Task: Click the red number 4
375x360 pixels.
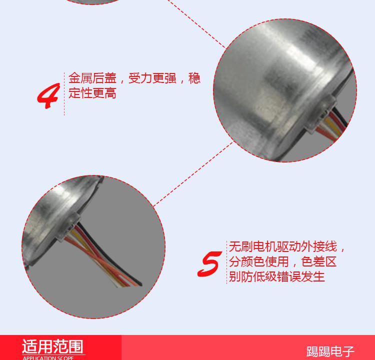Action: pos(48,95)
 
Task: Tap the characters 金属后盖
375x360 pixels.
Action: pos(92,78)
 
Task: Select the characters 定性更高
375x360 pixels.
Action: pos(92,93)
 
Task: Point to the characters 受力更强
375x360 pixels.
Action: pos(152,78)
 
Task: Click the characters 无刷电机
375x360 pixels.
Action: pos(253,246)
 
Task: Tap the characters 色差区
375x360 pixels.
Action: pos(319,261)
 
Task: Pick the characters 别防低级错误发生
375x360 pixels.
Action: pos(276,277)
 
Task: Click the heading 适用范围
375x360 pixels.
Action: pos(52,346)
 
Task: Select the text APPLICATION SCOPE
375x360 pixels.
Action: pos(48,358)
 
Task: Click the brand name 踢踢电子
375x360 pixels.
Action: pos(330,351)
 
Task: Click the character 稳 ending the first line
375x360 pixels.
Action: pos(194,78)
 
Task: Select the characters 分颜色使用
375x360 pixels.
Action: pos(259,261)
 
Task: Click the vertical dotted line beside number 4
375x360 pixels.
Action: pos(64,94)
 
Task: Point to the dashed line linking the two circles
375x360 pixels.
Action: pos(193,173)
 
